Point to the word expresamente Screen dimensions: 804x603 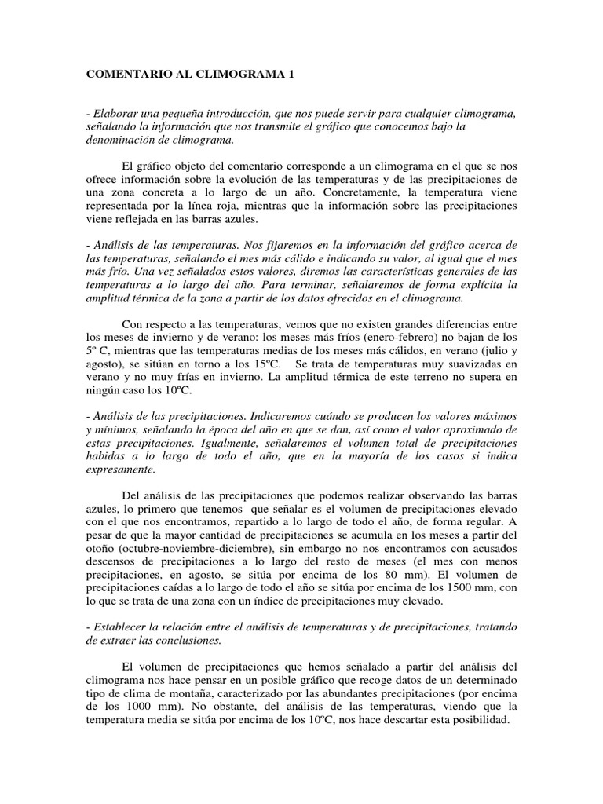[x=121, y=470]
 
